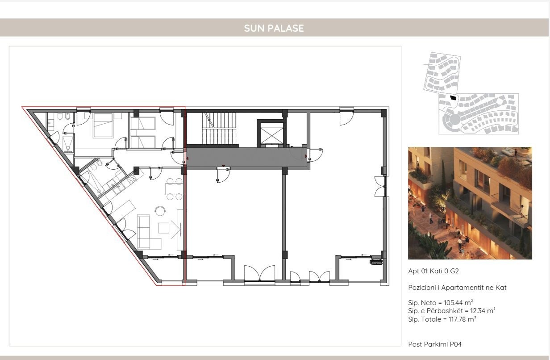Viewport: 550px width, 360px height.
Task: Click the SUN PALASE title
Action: tap(274, 28)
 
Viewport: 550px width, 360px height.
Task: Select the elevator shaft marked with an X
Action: tap(271, 134)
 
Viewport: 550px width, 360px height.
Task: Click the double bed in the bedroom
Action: tap(103, 126)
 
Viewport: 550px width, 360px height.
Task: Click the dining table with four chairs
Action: tap(174, 189)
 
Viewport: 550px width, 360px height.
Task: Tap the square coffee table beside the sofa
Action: tap(164, 228)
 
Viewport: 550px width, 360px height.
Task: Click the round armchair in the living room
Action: tap(160, 211)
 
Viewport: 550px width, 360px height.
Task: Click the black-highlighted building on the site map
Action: tap(453, 98)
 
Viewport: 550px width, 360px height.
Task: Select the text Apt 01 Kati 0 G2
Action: tap(433, 271)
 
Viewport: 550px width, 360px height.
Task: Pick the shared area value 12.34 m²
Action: tap(483, 311)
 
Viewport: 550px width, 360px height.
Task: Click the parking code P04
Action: tap(456, 344)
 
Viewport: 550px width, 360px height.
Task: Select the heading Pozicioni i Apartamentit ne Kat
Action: tap(457, 288)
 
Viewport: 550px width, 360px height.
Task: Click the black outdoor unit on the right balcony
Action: tap(376, 262)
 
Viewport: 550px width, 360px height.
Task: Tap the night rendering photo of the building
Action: tap(470, 203)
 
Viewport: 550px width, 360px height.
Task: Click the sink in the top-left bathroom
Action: tap(51, 123)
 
